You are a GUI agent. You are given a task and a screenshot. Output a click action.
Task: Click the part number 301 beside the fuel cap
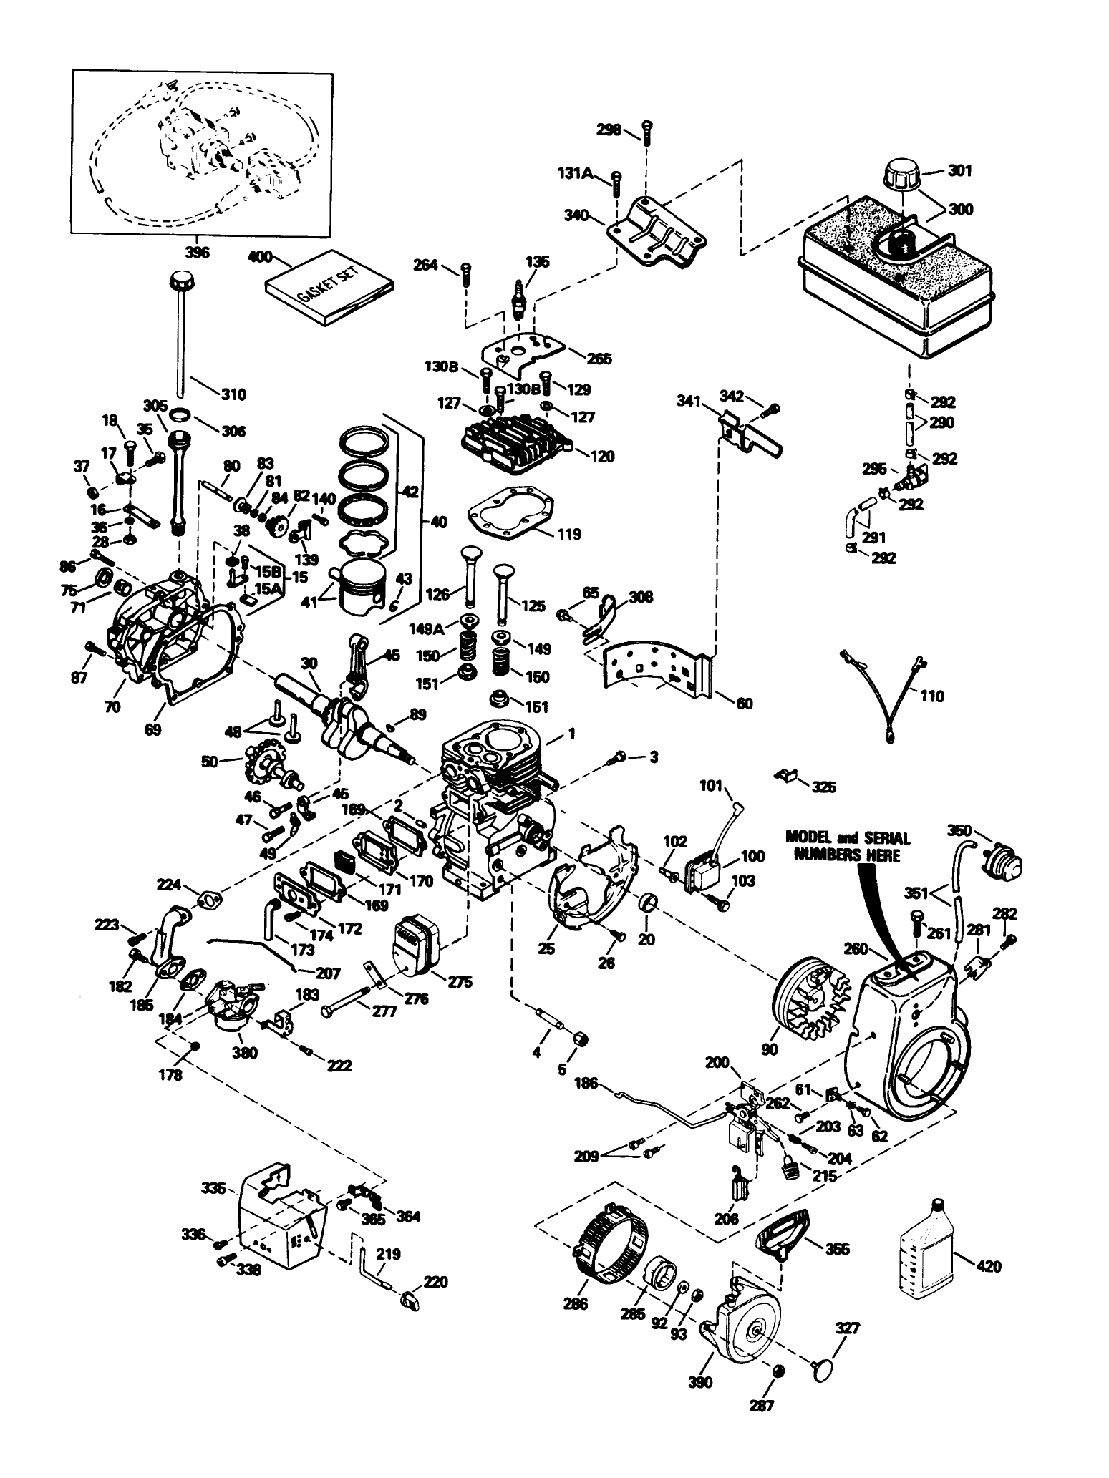point(959,171)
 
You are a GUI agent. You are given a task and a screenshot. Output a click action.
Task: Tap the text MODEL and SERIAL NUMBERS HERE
point(847,847)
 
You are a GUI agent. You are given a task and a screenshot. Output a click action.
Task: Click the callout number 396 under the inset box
point(197,253)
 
